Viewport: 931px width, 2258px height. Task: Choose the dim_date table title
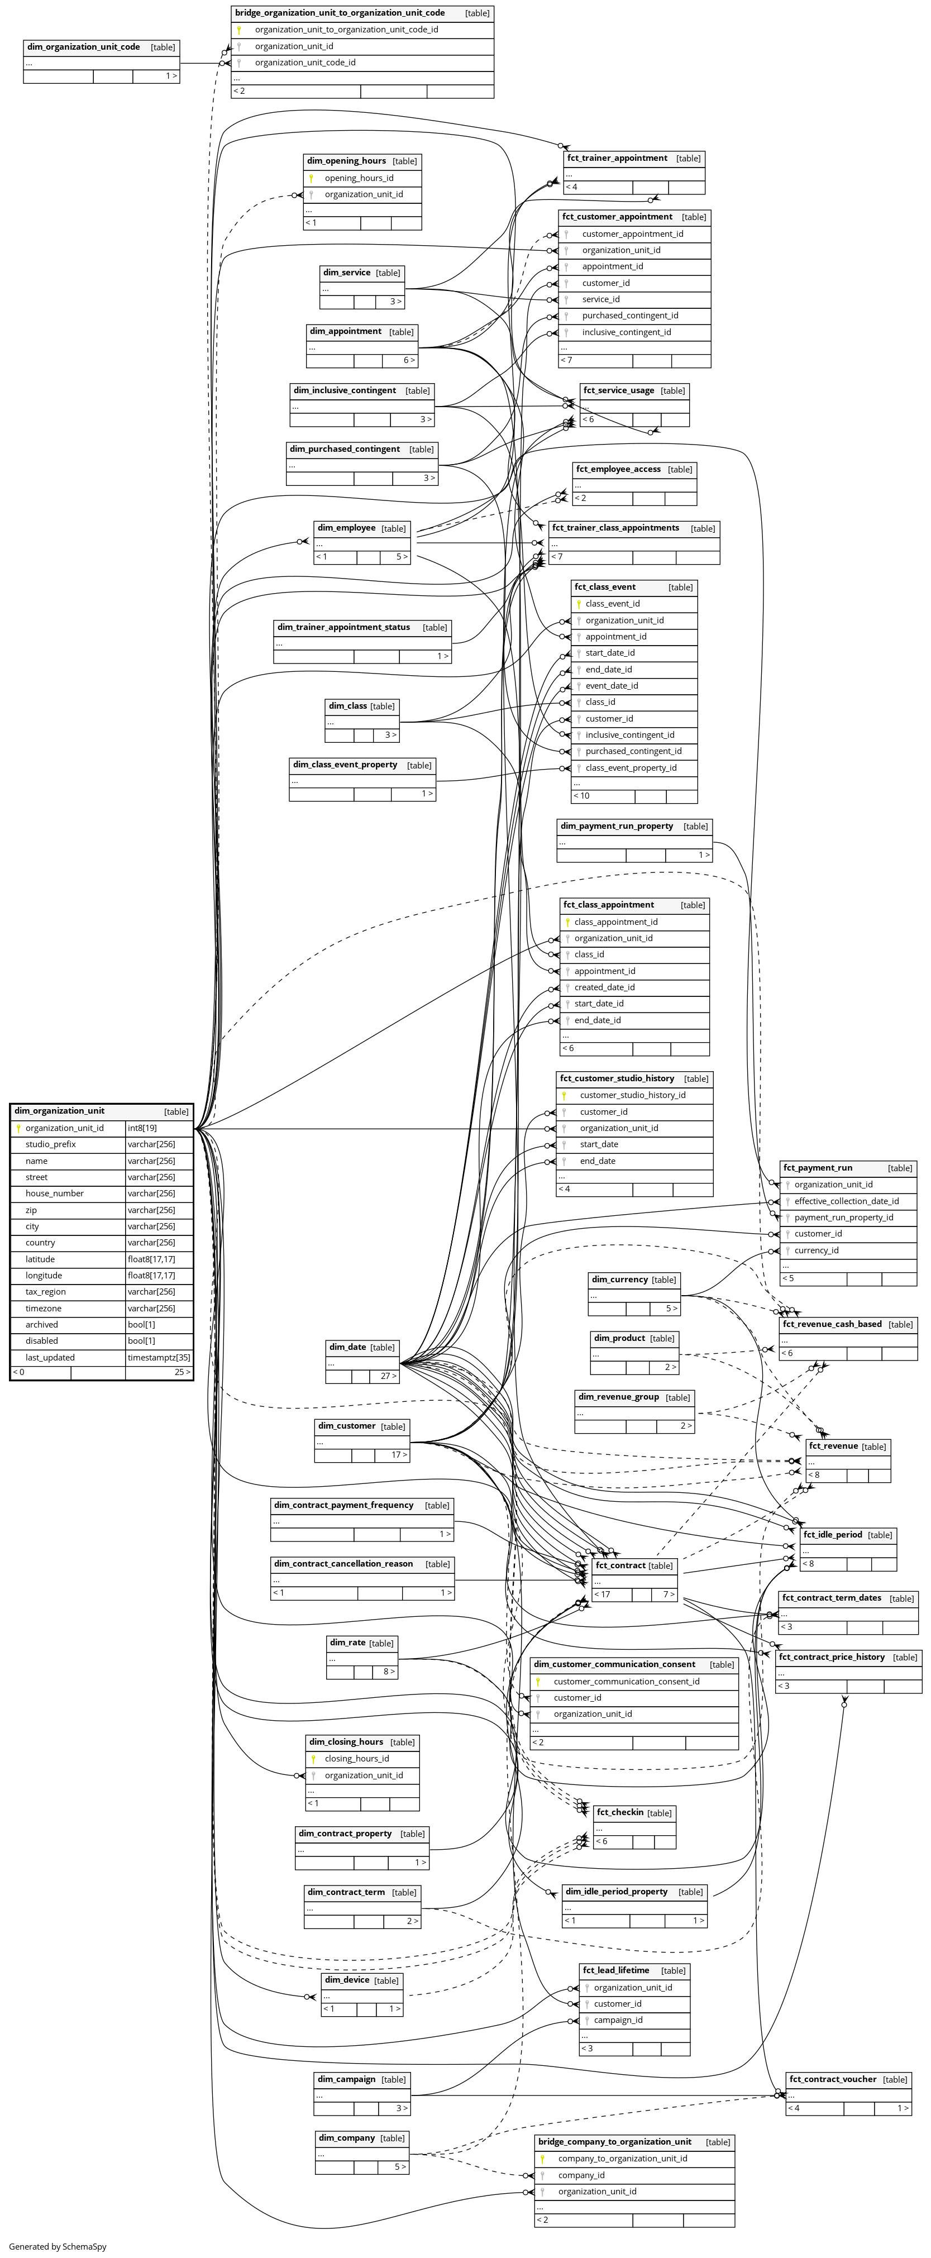pos(349,1347)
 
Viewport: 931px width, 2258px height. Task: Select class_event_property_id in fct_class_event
pos(631,768)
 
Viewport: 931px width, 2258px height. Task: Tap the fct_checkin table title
pos(620,1812)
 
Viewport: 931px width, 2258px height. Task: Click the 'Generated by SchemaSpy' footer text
pos(58,2247)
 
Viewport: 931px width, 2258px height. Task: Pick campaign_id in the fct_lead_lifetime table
pos(618,2020)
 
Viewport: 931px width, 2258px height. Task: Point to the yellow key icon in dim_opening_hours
pos(311,178)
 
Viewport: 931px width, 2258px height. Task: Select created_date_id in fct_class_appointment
pos(604,987)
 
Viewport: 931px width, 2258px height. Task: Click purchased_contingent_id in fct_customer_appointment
pos(629,316)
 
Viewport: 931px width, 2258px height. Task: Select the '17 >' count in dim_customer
pos(398,1454)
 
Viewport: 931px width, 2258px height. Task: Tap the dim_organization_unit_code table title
pos(83,46)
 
